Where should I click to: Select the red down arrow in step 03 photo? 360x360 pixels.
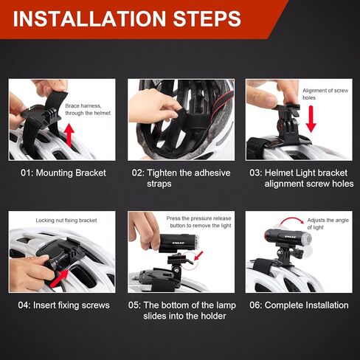[311, 118]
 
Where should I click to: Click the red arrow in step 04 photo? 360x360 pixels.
[69, 276]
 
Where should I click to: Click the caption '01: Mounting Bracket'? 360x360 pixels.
[63, 173]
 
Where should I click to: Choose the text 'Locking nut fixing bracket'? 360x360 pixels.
[66, 220]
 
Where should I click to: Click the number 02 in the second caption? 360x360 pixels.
[139, 173]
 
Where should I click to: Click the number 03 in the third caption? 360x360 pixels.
[256, 173]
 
